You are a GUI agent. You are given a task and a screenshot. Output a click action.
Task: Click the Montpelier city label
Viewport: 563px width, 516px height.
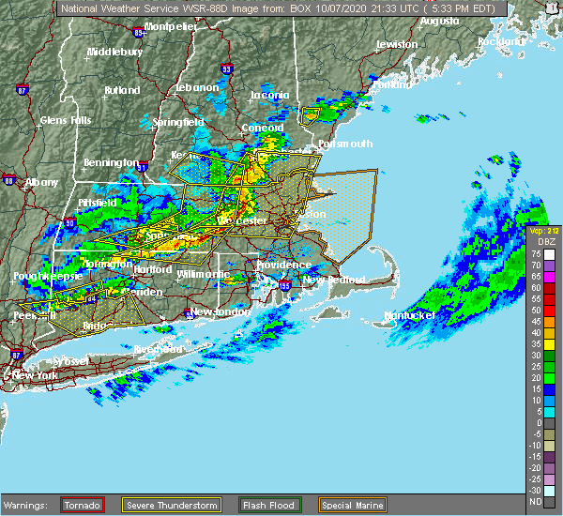click(171, 27)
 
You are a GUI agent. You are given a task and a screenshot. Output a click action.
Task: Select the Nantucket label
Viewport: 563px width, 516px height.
click(410, 316)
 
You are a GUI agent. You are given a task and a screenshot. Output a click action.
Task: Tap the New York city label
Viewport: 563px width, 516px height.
click(35, 375)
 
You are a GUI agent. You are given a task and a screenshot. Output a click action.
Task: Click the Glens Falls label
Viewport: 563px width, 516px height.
click(65, 120)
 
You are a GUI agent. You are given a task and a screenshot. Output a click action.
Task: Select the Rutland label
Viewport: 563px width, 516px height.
click(121, 91)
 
